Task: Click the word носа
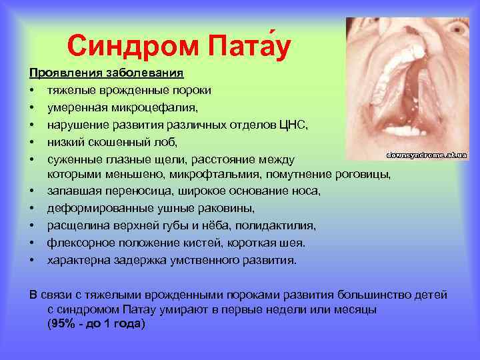pos(307,191)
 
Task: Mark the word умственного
pos(203,260)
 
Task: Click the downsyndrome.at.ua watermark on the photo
pos(427,155)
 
